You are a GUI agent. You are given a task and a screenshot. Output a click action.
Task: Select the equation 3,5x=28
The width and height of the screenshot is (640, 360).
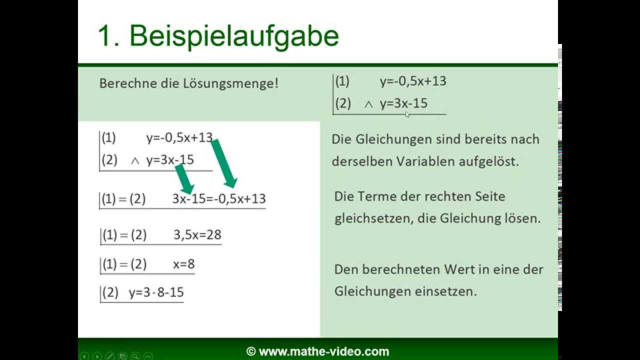197,235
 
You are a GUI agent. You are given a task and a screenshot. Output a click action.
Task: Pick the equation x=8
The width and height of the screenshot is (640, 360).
183,264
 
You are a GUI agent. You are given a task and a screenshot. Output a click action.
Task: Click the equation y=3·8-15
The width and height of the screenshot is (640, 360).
156,292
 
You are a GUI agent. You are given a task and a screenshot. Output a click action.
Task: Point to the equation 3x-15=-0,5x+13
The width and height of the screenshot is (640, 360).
218,199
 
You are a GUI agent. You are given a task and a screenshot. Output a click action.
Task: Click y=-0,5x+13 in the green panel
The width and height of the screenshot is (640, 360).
412,81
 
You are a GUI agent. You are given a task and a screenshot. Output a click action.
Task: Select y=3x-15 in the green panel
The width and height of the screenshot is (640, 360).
403,104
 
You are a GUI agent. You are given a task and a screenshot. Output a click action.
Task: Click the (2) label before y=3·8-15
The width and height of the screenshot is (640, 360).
110,292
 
